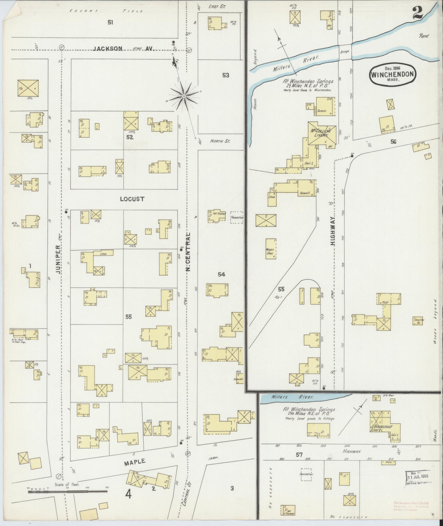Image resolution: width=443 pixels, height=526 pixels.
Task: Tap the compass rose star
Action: (183, 96)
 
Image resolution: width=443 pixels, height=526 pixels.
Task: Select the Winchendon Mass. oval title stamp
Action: (392, 74)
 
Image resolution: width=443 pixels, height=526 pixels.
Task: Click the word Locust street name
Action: (132, 199)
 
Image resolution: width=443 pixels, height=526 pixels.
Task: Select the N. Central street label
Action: (188, 251)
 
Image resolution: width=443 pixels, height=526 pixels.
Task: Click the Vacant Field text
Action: (106, 11)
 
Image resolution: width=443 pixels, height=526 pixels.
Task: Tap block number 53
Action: (225, 75)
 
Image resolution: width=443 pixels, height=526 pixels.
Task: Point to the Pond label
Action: (424, 36)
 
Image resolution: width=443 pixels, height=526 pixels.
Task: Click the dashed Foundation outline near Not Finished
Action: (236, 217)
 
